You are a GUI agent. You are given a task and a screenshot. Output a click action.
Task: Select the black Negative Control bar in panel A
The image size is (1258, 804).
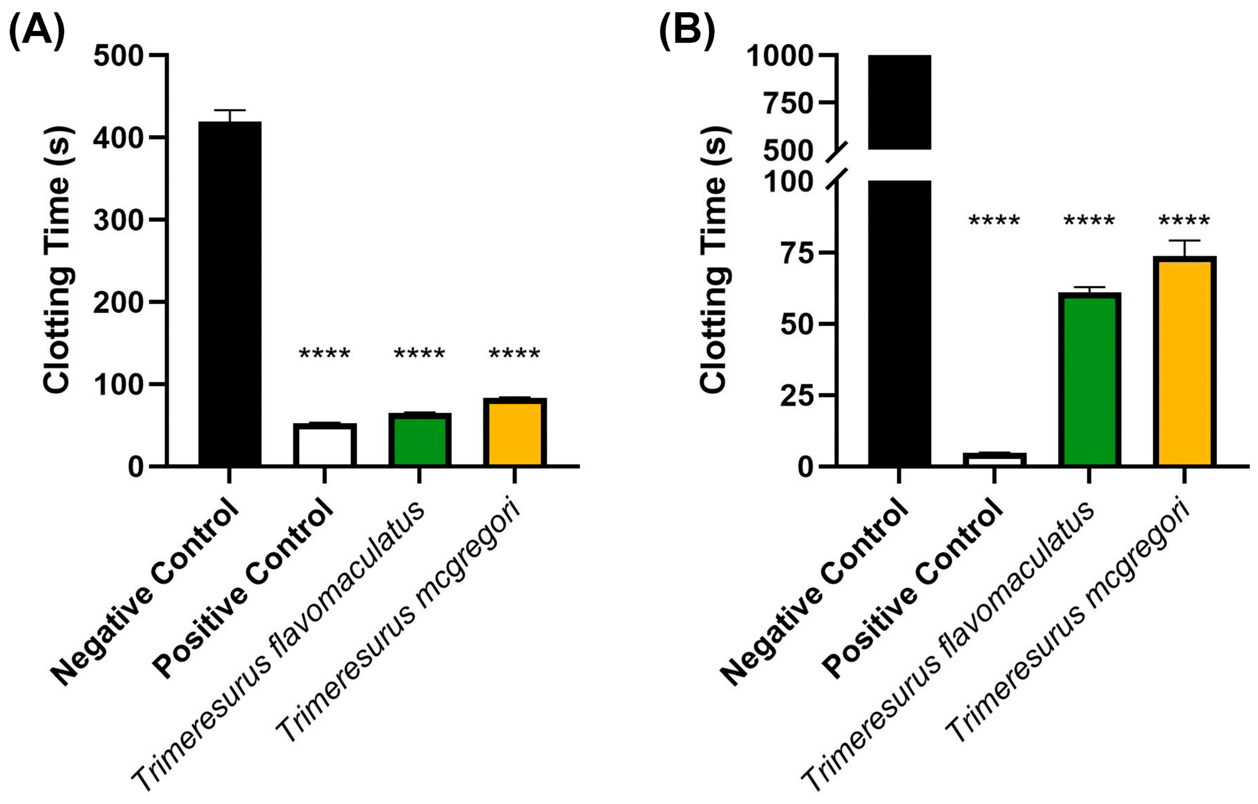[230, 293]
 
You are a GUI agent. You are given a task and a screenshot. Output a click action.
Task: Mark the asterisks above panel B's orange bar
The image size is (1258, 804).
[1184, 221]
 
